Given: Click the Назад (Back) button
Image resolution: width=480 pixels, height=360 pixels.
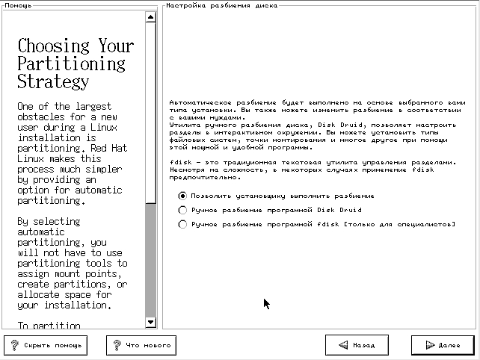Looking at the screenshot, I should [357, 345].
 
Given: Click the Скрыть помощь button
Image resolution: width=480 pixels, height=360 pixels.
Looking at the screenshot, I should [45, 345].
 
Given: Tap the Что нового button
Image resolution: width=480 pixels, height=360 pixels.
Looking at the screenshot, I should [142, 345].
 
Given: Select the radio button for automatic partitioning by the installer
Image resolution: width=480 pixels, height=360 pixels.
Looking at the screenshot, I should [182, 196].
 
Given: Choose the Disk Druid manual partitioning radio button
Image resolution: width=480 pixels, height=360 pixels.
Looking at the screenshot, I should [182, 210].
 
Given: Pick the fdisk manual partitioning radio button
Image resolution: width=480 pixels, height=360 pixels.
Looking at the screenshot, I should [182, 224].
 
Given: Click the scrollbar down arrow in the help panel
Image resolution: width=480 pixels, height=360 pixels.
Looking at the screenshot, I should [151, 322].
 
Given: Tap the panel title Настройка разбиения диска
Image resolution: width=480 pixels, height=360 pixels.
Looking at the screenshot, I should [221, 5].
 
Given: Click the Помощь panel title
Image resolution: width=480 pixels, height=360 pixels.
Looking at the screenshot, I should [18, 5].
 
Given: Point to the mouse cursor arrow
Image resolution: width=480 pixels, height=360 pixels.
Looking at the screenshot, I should [266, 302].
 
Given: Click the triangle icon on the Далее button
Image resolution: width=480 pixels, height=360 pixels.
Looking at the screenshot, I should [429, 345].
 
